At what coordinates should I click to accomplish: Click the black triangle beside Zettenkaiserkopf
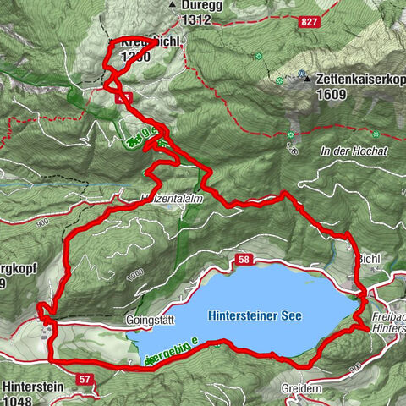point(304,78)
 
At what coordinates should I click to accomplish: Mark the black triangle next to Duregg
point(173,5)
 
